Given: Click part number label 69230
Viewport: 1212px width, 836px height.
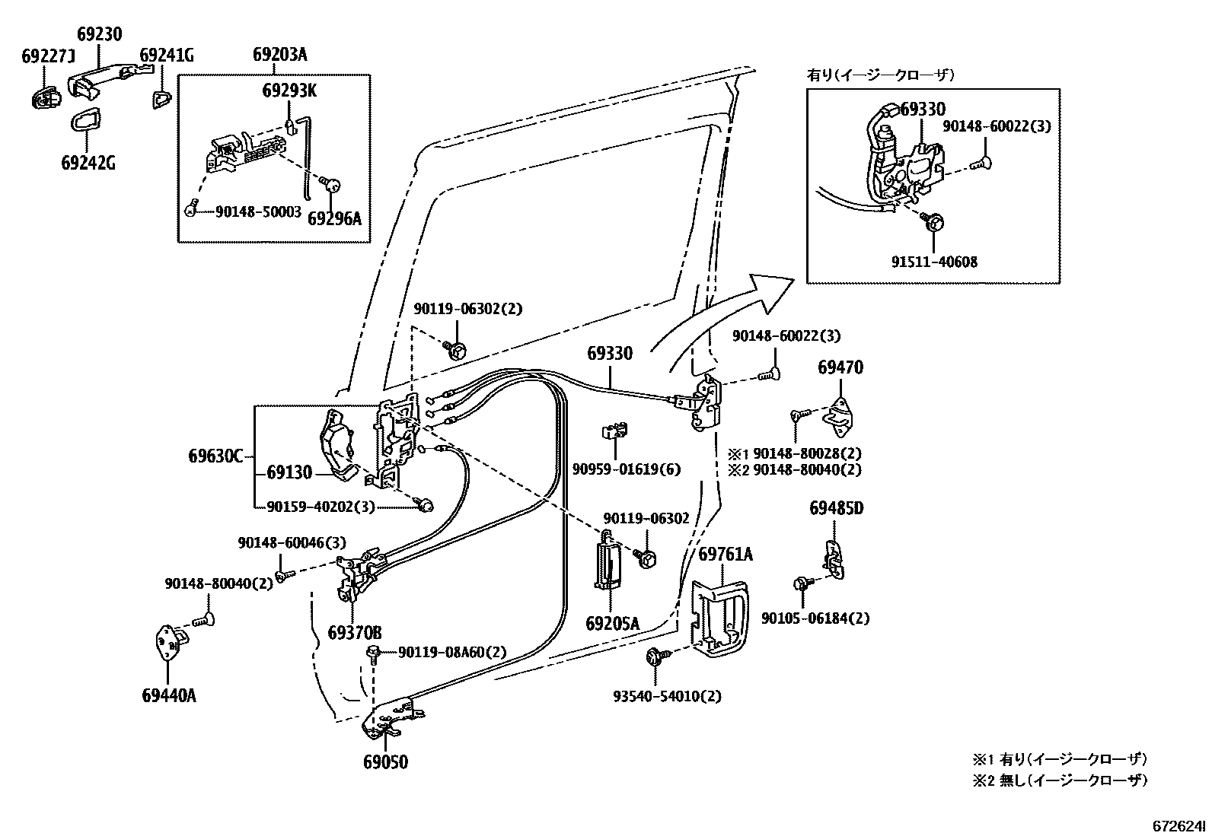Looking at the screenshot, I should pos(99,34).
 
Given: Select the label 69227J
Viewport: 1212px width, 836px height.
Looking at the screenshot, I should pos(49,56).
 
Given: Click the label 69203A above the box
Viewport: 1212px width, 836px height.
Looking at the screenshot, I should pos(279,55).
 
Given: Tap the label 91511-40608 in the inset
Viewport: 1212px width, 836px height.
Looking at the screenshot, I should pos(934,262).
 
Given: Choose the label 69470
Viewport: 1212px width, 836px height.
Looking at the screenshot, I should pos(840,367).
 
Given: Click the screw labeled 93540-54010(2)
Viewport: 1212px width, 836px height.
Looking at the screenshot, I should pos(655,657).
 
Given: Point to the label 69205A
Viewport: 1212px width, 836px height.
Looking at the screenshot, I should pos(612,624).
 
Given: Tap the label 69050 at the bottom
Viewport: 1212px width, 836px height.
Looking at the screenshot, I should pos(385,761).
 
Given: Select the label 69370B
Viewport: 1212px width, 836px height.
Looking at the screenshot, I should pos(355,632).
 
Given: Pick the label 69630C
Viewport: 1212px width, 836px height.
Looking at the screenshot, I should pos(215,456).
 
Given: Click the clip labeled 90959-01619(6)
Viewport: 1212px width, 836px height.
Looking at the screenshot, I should pos(615,432).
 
